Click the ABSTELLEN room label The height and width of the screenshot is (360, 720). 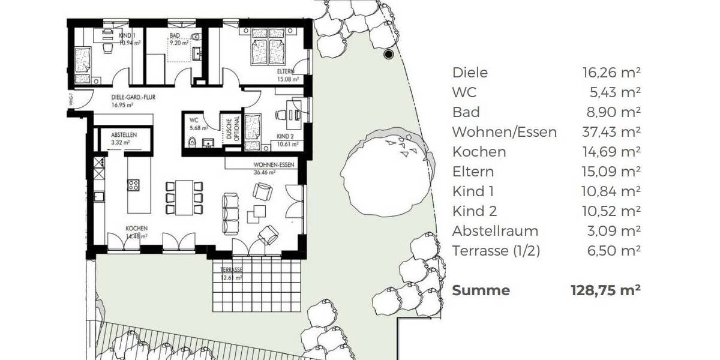124,135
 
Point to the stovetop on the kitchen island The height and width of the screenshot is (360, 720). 133,185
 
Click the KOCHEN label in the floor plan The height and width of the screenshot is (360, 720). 136,229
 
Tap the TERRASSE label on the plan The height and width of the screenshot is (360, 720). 231,271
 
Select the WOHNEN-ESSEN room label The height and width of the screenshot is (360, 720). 274,164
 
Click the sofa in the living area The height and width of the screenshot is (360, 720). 230,214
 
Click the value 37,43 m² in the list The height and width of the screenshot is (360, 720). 611,132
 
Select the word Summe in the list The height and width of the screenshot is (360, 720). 481,290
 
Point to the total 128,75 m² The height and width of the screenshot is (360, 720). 605,290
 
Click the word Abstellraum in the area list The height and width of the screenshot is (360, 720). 495,231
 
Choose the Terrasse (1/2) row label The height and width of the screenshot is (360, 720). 496,251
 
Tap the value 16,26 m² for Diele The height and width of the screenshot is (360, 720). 611,73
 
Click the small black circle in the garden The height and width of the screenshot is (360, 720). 388,55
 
